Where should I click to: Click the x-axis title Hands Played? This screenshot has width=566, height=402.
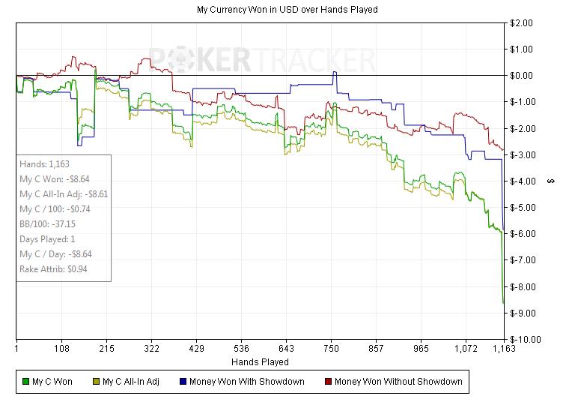[260, 361]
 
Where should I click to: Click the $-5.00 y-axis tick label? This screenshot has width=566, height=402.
[521, 207]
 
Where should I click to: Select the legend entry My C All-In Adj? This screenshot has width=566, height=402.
[131, 382]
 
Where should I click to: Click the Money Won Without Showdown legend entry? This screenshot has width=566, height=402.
[398, 382]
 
